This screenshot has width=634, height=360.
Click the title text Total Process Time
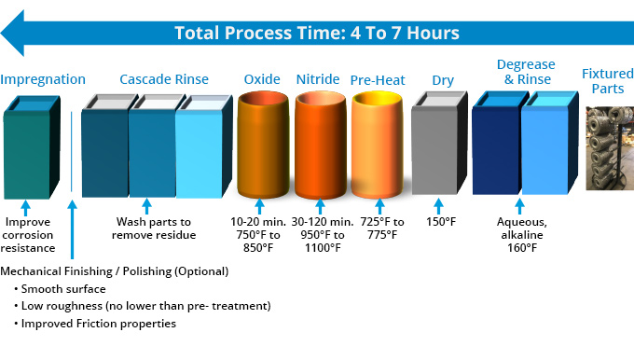coord(316,33)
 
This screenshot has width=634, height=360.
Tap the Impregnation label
coord(43,79)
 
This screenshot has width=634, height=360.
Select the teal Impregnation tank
coord(35,149)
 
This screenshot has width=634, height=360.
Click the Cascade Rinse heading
coord(164,79)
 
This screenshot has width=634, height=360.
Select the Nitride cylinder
coord(319,145)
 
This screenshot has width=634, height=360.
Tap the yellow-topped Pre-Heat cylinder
coord(378,145)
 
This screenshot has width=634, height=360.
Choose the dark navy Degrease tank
coord(495,149)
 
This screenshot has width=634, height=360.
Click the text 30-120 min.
coord(320,222)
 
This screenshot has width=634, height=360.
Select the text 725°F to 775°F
coord(379,228)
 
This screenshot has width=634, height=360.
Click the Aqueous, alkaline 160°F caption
coord(522,235)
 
